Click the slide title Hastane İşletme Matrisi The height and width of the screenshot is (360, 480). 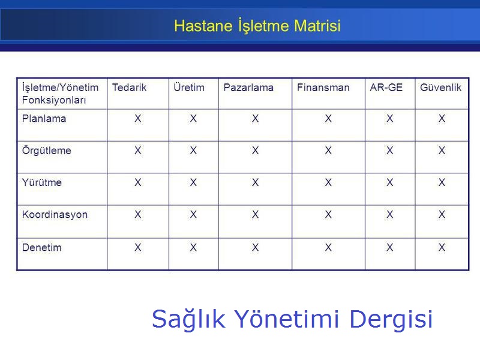coord(257,26)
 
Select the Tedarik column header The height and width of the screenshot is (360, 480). coord(129,88)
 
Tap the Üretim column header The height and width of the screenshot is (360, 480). coord(188,88)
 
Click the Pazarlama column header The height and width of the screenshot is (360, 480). coord(248,88)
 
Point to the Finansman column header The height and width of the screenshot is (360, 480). coord(323,88)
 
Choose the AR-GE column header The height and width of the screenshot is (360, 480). coord(386,88)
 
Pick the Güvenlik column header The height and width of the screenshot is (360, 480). coord(440,88)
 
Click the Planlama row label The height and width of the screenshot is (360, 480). coord(44,119)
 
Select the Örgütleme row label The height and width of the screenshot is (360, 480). coord(46,151)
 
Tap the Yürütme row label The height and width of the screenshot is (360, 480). coord(41,182)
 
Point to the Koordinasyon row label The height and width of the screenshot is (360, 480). coord(55,215)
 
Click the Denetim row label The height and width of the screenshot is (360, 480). coord(41,247)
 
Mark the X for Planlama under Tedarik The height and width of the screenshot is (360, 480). coord(138,119)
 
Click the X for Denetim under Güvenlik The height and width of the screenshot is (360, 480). coord(442,247)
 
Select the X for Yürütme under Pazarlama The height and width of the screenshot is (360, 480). coord(255,182)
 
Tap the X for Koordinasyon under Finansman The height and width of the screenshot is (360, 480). coord(328,215)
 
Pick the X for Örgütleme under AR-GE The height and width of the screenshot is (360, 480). coord(390,151)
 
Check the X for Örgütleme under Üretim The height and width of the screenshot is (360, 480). coord(193,151)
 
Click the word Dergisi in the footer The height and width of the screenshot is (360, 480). coord(391,319)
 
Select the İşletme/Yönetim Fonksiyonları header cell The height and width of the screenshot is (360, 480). coord(60,94)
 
